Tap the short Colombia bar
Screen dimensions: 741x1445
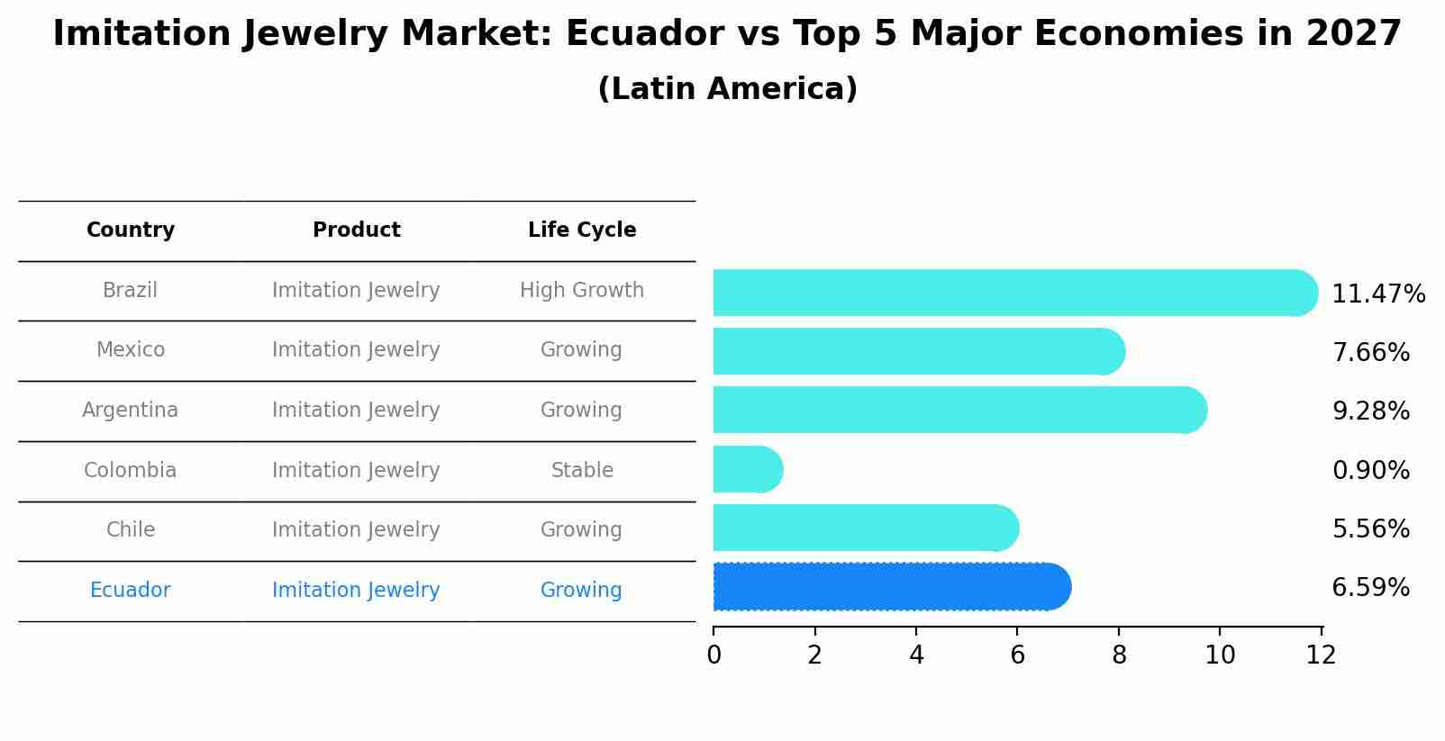click(x=747, y=469)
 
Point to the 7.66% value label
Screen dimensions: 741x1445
click(x=1370, y=352)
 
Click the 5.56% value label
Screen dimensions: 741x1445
click(x=1370, y=529)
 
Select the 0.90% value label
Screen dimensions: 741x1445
click(x=1370, y=470)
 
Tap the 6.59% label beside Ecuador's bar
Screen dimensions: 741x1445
click(x=1370, y=588)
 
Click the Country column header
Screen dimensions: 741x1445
click(x=131, y=230)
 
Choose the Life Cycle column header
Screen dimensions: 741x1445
click(x=582, y=230)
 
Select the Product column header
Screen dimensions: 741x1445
click(x=356, y=230)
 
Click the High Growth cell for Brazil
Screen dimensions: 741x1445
click(x=582, y=290)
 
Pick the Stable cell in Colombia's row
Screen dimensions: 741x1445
click(x=582, y=470)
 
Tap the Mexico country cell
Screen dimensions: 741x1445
click(x=131, y=349)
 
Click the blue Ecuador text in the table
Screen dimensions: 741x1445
click(x=131, y=590)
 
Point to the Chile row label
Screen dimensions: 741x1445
click(x=131, y=529)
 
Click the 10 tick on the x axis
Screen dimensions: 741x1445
click(x=1220, y=655)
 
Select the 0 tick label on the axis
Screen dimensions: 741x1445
click(x=713, y=655)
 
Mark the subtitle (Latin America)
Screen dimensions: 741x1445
click(x=727, y=88)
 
